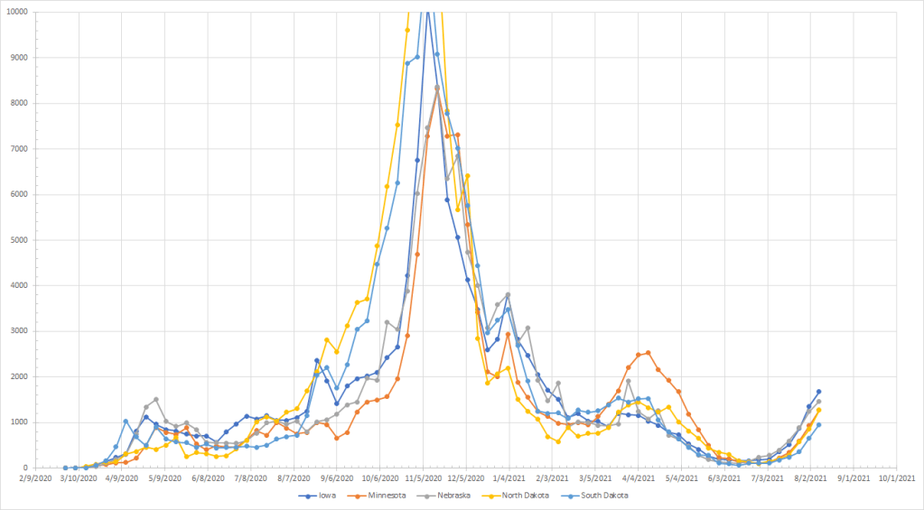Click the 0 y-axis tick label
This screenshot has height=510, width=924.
point(23,468)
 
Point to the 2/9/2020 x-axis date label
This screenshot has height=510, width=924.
point(35,478)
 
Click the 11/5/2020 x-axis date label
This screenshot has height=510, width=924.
point(422,478)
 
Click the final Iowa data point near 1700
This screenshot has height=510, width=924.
point(818,392)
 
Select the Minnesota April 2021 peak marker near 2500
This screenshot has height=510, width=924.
point(649,353)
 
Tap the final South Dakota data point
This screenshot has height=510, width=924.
point(818,425)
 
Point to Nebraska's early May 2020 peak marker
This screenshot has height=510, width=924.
point(156,399)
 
